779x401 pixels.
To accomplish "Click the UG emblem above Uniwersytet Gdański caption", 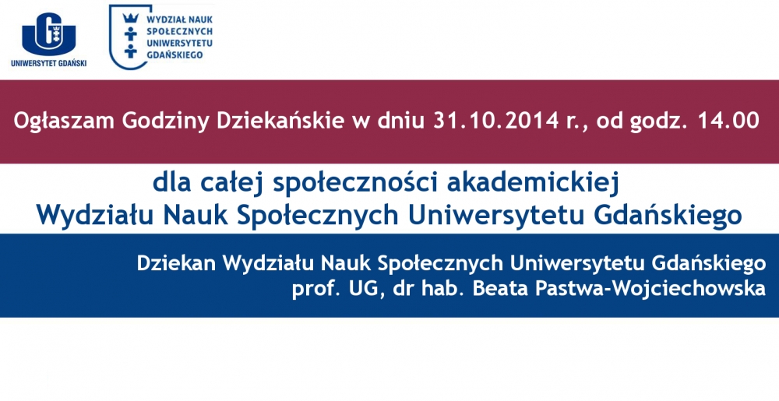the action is pos(48,33).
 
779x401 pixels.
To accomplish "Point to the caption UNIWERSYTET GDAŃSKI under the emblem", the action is pos(48,63).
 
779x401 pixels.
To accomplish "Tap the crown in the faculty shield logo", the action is pos(131,19).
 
